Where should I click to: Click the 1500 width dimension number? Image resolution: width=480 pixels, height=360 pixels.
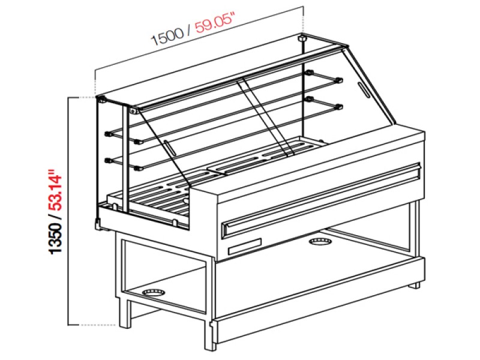[x=166, y=38]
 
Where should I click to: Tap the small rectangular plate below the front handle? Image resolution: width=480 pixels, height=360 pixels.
[x=244, y=246]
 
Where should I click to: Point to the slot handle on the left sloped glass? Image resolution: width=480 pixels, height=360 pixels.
[x=170, y=148]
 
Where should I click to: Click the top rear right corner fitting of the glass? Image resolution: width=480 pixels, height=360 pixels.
[x=302, y=39]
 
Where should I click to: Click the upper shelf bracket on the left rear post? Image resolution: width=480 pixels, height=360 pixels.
[x=109, y=133]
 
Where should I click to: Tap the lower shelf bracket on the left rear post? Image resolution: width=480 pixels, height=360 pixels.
[x=109, y=160]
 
